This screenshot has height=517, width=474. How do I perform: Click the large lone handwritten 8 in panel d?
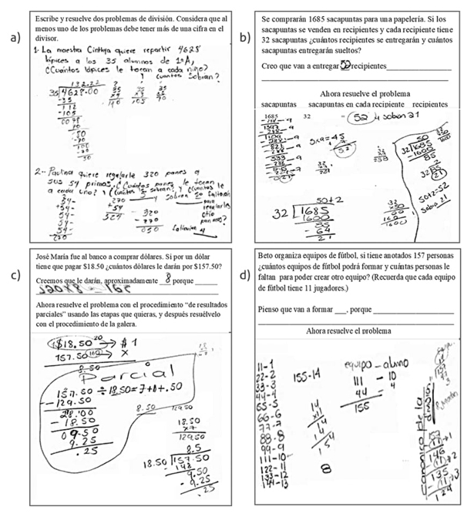(x=327, y=468)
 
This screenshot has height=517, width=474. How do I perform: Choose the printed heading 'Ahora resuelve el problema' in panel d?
(x=349, y=330)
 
